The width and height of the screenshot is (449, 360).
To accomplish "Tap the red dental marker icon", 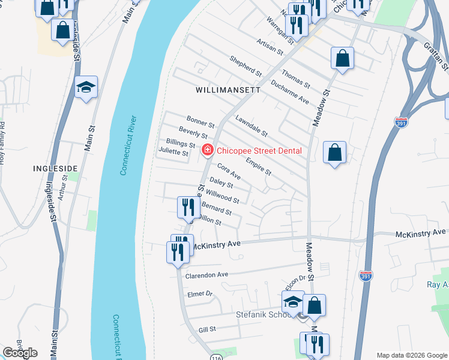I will pos(207,150).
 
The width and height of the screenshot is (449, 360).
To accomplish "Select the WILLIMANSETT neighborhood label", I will pos(228,90).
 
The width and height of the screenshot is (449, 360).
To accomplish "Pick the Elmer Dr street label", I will pos(201,294).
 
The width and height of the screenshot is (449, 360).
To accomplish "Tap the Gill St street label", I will pos(207,329).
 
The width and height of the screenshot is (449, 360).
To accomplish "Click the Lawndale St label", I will pos(251,126).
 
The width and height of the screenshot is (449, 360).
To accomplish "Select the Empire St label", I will pos(259,167).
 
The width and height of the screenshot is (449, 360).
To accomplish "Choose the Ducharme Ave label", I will pos(289,92).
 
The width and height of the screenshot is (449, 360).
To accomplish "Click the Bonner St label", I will pos(200,122).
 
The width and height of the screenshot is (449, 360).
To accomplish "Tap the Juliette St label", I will pos(173,154).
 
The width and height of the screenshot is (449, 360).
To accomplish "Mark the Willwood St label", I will pos(223,196).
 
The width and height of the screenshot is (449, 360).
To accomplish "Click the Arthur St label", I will pos(63,190).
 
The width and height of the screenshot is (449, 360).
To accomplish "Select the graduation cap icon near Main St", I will pos(86,88).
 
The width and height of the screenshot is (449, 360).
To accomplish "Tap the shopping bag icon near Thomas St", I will pos(342,58).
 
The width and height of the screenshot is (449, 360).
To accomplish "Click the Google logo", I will pos(20,353).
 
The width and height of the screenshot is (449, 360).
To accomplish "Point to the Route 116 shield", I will pos(216,357).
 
